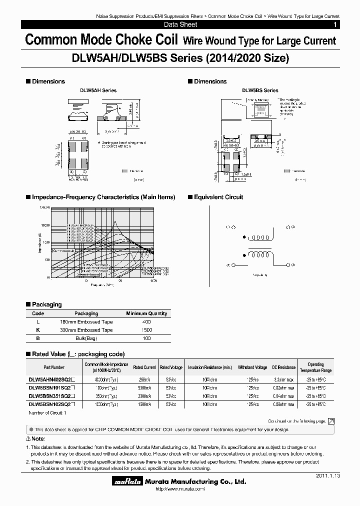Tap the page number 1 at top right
pos(334,24)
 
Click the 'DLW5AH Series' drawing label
pos(98,90)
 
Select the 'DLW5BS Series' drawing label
pos(260,90)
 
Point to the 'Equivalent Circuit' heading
pos(218,197)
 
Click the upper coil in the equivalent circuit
pos(260,238)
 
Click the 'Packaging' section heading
pos(46,304)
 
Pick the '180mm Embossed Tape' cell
pos(86,322)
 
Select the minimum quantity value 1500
pos(146,330)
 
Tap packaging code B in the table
pos(38,339)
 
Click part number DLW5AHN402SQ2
pos(52,379)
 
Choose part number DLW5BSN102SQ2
pos(52,403)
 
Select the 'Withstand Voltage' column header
pos(252,367)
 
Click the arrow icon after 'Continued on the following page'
pos(331,421)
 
